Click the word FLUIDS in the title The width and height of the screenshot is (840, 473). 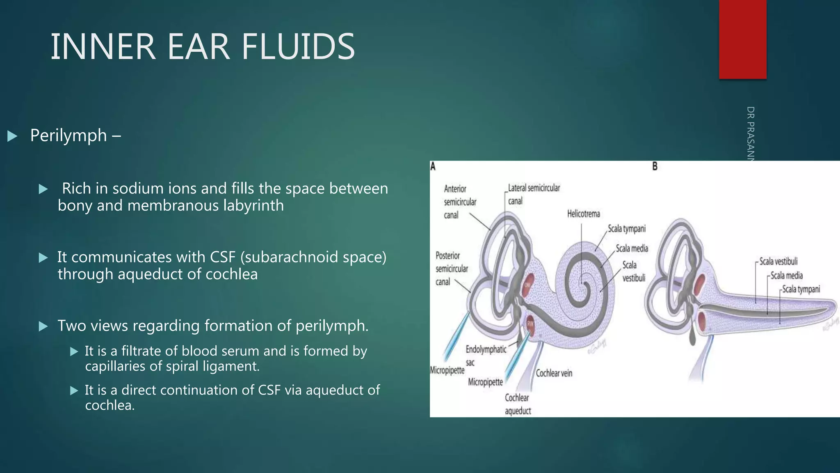(298, 47)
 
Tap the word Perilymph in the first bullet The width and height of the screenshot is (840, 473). (68, 135)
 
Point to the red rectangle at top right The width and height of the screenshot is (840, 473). (742, 39)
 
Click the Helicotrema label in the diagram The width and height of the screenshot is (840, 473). (583, 214)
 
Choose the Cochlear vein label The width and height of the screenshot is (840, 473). (554, 373)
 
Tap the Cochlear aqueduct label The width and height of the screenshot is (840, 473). (517, 404)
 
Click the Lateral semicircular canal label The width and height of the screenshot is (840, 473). (533, 194)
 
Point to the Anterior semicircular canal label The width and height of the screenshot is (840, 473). (459, 202)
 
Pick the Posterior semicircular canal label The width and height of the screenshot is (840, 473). (451, 269)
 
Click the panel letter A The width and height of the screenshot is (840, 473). (433, 166)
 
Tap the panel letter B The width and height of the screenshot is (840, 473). (655, 166)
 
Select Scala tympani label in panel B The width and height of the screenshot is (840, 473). (801, 289)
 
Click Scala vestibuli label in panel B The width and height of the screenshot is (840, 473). (778, 262)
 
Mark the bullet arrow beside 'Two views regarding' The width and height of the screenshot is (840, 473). (43, 326)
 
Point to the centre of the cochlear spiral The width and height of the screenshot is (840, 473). (582, 282)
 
